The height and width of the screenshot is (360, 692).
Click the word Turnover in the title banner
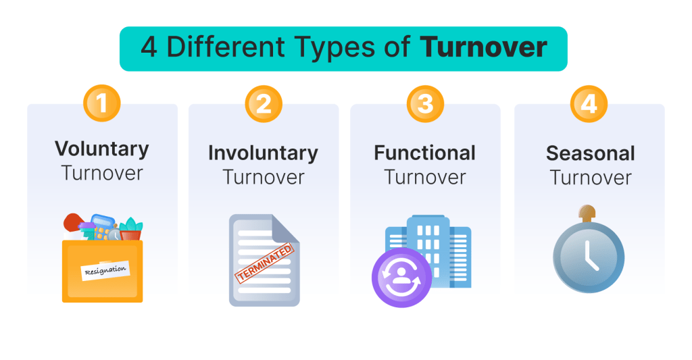coord(483,48)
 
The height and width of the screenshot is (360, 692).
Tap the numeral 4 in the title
coord(148,48)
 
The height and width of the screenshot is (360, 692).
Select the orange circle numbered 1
coord(102,105)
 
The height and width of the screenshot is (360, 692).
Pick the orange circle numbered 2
coord(264,105)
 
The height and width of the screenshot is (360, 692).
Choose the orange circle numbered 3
coord(425,105)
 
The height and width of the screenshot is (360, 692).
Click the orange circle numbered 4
coord(589,105)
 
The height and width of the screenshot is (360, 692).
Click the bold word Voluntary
coord(102,149)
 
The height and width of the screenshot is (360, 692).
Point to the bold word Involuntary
coord(263,153)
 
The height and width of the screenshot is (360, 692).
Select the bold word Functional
coord(425,153)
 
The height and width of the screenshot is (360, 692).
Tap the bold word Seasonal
coord(590,153)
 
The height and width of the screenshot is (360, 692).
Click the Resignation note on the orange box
coord(105,270)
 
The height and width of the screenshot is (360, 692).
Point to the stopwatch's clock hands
coord(590,255)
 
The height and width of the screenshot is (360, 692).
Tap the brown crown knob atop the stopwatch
coord(589,211)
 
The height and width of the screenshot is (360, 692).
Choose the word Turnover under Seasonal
coord(590,178)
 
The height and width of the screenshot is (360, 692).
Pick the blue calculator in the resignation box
coord(102,224)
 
